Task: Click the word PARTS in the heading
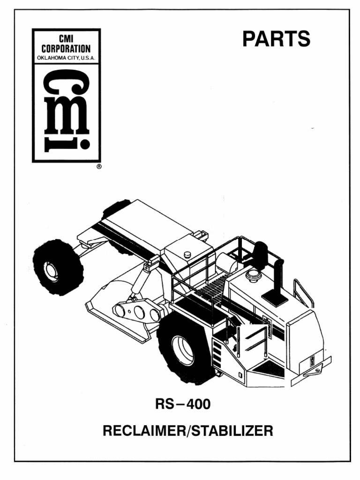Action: pyautogui.click(x=276, y=39)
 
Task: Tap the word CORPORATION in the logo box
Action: pyautogui.click(x=66, y=49)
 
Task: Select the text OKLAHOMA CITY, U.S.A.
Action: pyautogui.click(x=66, y=58)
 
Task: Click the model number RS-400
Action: pyautogui.click(x=183, y=404)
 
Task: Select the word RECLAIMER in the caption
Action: pyautogui.click(x=144, y=431)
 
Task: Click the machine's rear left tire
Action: pyautogui.click(x=58, y=267)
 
